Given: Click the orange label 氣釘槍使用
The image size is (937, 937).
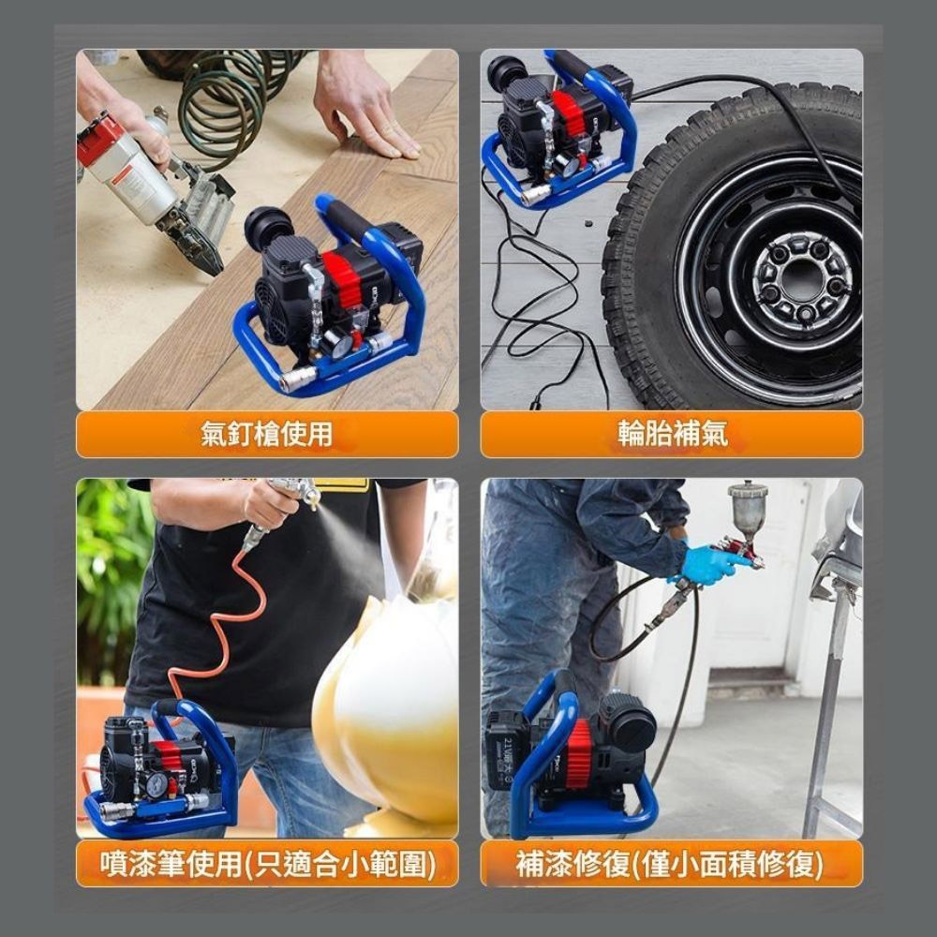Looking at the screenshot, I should (x=267, y=434).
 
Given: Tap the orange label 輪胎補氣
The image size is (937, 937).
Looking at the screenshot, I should (x=671, y=434).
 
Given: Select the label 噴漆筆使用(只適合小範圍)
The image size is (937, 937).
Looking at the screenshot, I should (x=267, y=864).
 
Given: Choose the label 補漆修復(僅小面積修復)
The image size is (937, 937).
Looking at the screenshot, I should (x=671, y=864).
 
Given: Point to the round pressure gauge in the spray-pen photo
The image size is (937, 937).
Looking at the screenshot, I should (x=156, y=783).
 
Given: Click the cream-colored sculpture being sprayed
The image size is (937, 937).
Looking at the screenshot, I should (x=394, y=712).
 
